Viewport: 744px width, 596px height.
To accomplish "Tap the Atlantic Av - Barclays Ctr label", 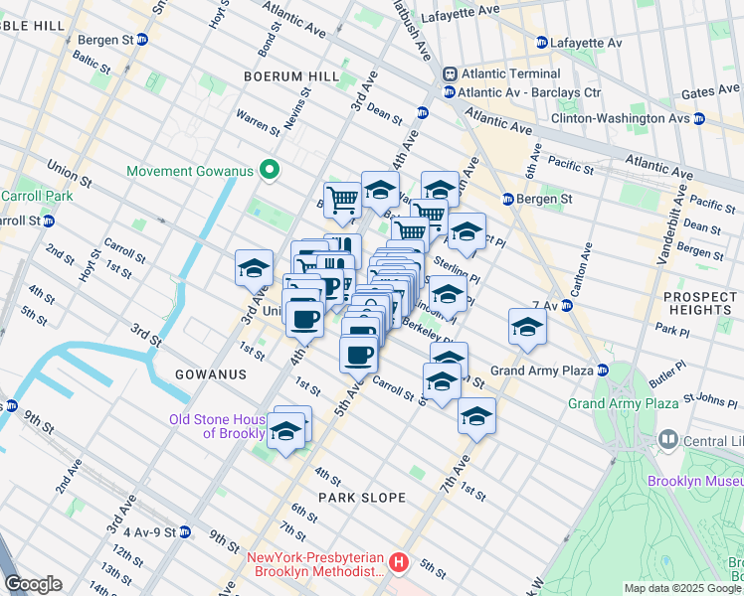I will [x=517, y=92].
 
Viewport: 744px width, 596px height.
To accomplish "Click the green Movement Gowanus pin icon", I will [x=268, y=171].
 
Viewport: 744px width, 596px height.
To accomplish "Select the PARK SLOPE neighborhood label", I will [x=362, y=497].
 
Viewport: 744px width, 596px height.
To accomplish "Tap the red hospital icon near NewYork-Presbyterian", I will [x=399, y=563].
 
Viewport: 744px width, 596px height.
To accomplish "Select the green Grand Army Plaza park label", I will [x=623, y=403].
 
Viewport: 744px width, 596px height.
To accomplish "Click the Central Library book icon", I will [x=667, y=439].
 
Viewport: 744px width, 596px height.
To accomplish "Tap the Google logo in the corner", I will [x=33, y=584].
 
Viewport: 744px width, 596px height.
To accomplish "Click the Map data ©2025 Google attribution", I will [x=682, y=588].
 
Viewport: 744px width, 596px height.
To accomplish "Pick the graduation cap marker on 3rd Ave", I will [x=254, y=268].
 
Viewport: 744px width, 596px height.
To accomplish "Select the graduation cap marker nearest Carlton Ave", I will [x=527, y=328].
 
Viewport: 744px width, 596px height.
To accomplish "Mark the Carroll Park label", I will [x=36, y=196].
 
